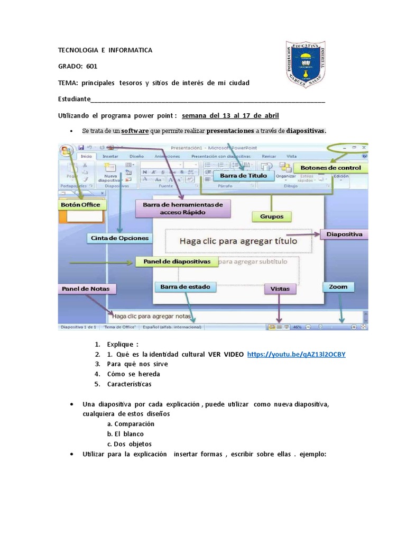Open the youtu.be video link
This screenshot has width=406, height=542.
click(x=296, y=354)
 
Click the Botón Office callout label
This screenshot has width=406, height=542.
click(x=80, y=205)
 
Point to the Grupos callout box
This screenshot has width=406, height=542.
click(x=272, y=216)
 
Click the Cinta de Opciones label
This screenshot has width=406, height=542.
click(x=120, y=238)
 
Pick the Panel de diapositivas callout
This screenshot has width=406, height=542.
click(x=176, y=261)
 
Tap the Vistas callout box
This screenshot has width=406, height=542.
click(x=280, y=289)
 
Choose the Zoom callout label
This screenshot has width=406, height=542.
click(x=338, y=287)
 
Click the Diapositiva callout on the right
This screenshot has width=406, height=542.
click(x=344, y=233)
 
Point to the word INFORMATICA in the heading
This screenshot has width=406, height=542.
click(x=131, y=50)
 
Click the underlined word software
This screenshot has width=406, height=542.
click(x=135, y=131)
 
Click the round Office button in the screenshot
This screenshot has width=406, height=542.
click(x=66, y=150)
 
